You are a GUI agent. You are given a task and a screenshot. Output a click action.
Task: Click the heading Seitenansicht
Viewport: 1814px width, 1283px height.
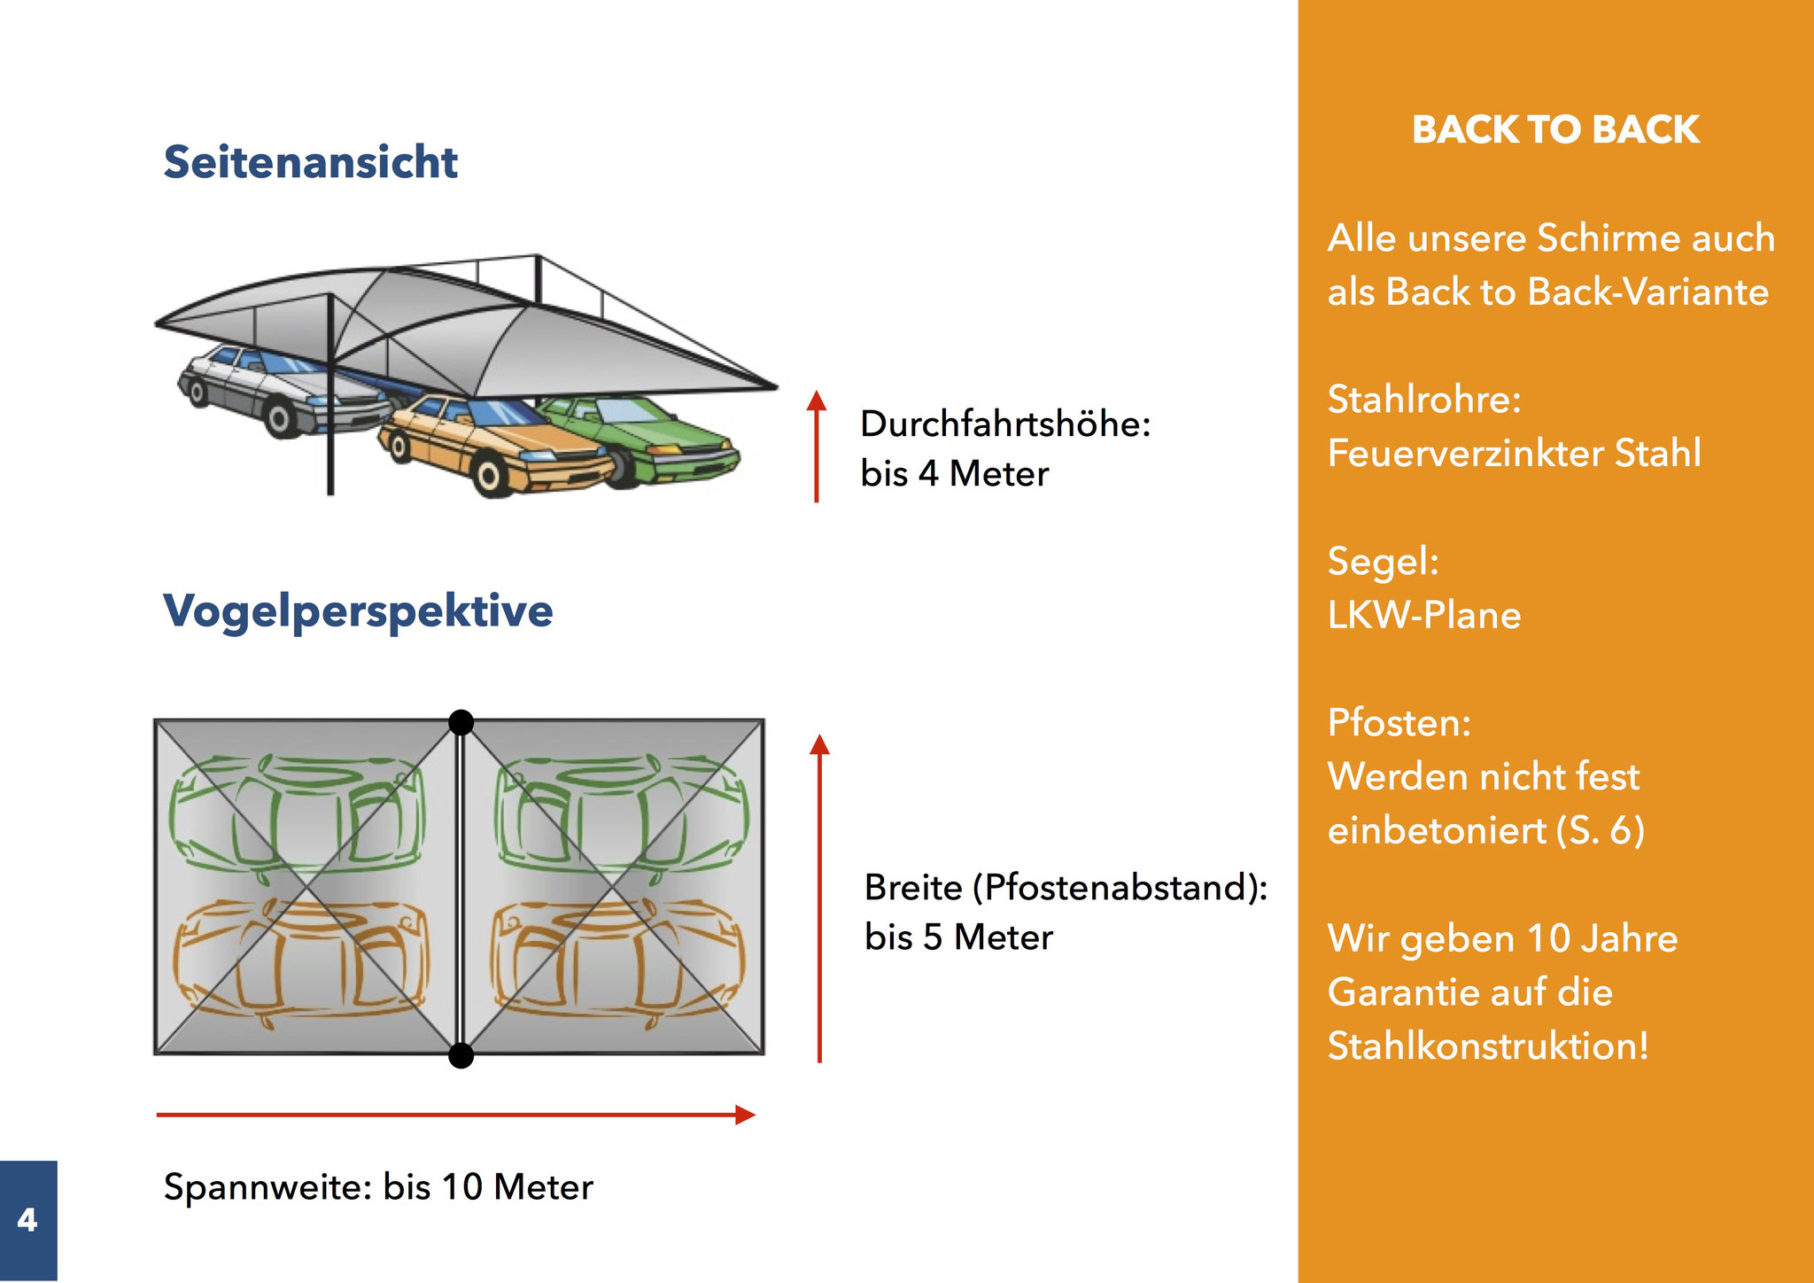coord(310,162)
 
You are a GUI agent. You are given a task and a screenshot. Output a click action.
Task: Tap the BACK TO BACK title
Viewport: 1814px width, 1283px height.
coord(1555,129)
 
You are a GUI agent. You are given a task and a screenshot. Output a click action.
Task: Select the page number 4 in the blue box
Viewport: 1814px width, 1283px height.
coord(27,1220)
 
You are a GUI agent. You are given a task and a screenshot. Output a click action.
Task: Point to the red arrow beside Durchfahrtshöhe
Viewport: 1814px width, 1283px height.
coord(817,446)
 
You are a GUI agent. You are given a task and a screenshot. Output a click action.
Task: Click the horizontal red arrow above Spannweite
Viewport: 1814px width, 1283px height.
coord(456,1115)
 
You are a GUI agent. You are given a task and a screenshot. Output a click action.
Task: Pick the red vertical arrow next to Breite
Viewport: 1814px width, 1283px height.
coord(819,898)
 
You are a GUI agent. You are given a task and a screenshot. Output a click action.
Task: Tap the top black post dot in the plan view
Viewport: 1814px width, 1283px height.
coord(461,722)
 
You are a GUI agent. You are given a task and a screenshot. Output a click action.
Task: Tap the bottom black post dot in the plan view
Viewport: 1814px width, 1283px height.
coord(461,1055)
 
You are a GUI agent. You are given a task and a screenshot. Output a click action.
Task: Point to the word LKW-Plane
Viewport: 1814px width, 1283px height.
coord(1424,615)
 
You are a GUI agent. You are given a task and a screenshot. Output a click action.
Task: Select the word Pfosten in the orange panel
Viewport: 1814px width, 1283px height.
coord(1395,723)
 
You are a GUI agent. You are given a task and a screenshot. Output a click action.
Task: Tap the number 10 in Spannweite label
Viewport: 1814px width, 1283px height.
coord(461,1187)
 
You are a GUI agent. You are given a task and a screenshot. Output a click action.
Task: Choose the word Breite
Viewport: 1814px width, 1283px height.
coord(913,887)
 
